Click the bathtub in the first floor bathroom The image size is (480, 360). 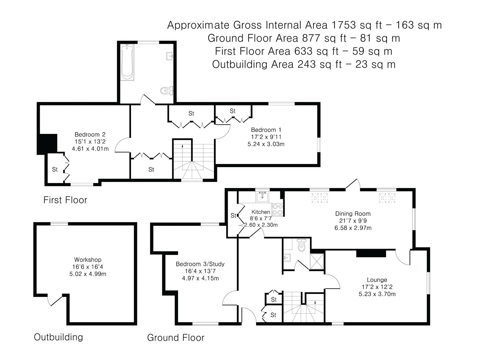point(127,62)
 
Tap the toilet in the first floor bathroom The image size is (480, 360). point(167,90)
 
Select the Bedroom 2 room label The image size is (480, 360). point(90,134)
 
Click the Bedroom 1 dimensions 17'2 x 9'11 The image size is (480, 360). point(266,137)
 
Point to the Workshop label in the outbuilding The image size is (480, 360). point(88,260)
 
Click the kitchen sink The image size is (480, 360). point(262,197)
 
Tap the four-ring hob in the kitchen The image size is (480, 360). point(277,209)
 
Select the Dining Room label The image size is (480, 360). point(353,214)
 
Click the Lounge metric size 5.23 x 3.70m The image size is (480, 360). point(377,294)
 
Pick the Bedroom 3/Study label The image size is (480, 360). point(200,264)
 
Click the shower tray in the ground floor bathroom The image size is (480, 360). point(317,261)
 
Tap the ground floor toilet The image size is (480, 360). point(302,245)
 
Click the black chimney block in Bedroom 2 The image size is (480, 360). point(47,144)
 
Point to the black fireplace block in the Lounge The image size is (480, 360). point(371,253)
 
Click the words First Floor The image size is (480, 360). point(65,200)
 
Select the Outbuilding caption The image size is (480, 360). point(58,337)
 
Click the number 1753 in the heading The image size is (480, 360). point(344,25)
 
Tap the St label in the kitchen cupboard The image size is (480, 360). point(233,216)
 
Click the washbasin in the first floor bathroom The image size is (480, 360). point(170,56)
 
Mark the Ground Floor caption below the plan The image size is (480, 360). point(176,338)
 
